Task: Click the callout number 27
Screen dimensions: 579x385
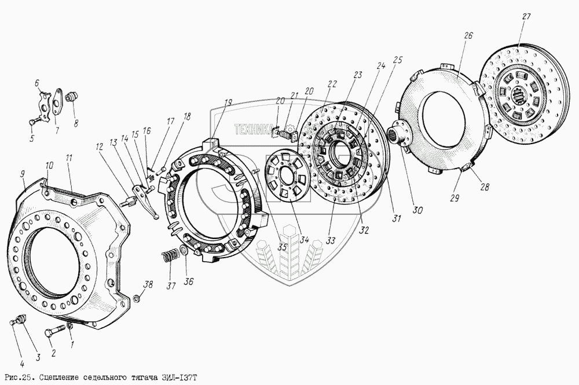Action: [526, 17]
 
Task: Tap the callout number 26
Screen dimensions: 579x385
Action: [468, 36]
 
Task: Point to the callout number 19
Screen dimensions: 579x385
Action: [228, 102]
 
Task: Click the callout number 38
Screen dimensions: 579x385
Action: [148, 285]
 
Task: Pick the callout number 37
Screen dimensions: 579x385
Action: [171, 285]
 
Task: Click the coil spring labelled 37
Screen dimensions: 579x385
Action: [168, 256]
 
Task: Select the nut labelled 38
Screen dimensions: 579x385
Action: [136, 297]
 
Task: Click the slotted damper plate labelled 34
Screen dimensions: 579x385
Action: [288, 178]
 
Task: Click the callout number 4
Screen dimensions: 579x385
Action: [22, 364]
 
